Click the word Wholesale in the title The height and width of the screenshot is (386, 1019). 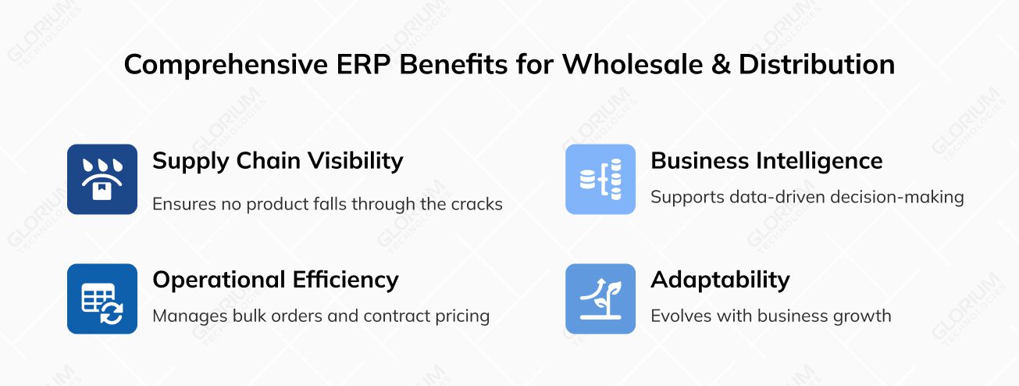(627, 65)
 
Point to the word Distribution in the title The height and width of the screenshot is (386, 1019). (817, 65)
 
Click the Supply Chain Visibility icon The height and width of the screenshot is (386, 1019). (102, 179)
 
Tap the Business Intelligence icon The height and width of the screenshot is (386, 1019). (600, 179)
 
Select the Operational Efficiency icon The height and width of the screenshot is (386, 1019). (102, 298)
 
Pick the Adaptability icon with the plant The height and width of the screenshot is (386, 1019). (600, 298)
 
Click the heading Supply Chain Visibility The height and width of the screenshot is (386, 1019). (277, 161)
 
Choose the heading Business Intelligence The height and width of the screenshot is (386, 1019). (766, 161)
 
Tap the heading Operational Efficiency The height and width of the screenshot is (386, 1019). (275, 280)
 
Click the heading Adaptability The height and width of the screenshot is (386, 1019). (720, 280)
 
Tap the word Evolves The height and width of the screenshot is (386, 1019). (679, 316)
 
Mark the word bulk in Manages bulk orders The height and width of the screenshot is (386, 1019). (237, 316)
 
